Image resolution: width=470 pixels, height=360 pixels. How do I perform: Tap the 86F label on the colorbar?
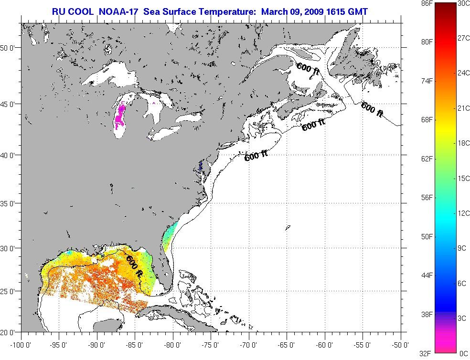(x=415, y=3)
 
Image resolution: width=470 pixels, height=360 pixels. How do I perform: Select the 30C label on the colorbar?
(x=463, y=3)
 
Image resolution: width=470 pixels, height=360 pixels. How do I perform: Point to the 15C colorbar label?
(x=463, y=178)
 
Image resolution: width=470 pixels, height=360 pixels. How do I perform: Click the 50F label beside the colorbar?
(x=415, y=236)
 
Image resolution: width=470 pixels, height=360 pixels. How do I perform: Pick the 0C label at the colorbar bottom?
(x=463, y=353)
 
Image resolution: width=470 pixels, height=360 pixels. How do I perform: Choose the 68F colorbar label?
(x=415, y=119)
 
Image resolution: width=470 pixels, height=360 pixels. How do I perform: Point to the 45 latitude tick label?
(x=14, y=104)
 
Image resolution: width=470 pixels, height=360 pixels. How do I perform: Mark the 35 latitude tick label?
(x=14, y=203)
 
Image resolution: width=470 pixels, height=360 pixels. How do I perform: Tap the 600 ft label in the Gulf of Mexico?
(x=134, y=265)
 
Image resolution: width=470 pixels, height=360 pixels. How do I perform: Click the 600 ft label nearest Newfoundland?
(x=372, y=109)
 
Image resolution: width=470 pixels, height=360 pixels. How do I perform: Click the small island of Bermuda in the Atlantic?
(x=288, y=228)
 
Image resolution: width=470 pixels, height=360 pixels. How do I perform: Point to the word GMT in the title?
(x=357, y=11)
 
